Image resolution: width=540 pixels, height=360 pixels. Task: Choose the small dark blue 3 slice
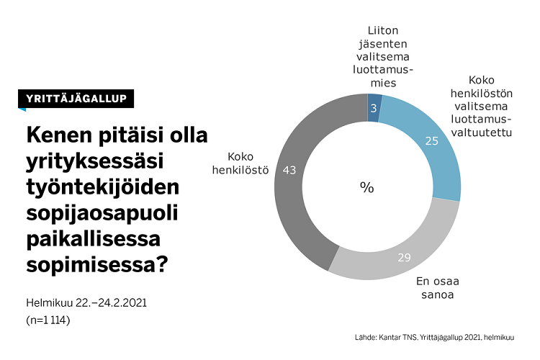click(x=374, y=108)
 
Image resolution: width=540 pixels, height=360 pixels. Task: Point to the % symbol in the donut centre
click(x=367, y=188)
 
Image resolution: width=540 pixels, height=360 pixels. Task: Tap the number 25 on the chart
click(x=432, y=142)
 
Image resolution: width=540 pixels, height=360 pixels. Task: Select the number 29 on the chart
click(x=403, y=257)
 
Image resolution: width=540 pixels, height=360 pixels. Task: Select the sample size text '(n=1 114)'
click(x=48, y=320)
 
